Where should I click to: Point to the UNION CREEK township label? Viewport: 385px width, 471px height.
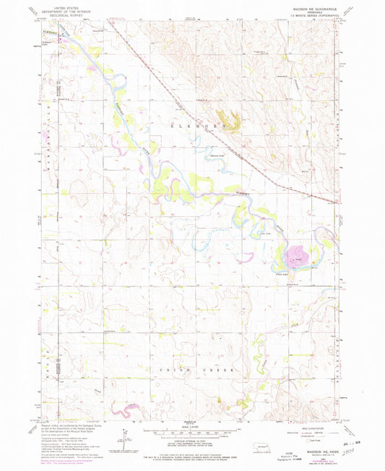[x=193, y=369]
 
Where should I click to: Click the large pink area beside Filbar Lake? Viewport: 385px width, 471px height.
[x=295, y=255]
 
